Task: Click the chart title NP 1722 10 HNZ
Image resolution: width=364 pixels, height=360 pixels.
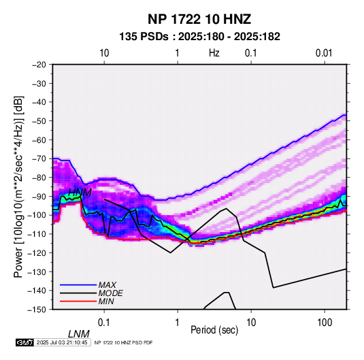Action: (x=199, y=19)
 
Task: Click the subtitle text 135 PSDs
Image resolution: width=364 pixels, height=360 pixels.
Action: (x=144, y=37)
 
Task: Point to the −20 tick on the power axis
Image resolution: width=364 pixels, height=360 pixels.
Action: (x=39, y=65)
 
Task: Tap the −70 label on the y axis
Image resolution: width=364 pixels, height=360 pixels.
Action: (x=39, y=159)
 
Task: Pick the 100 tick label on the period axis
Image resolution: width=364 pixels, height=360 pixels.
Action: (x=325, y=323)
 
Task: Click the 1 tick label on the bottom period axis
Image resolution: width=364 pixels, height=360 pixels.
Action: (x=178, y=323)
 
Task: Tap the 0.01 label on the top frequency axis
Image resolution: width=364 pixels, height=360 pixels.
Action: (x=324, y=53)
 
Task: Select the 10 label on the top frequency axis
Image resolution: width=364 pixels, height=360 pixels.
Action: (x=104, y=53)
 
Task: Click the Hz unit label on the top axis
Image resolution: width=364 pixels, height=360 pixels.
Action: (x=214, y=53)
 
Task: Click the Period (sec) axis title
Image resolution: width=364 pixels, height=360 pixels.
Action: (x=214, y=330)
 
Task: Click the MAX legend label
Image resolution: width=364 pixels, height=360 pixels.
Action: (x=107, y=285)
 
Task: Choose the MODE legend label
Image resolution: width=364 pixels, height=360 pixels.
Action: (x=110, y=293)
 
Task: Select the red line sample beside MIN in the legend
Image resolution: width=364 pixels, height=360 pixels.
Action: (x=78, y=301)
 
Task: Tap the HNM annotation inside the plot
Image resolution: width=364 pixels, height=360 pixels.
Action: (x=80, y=193)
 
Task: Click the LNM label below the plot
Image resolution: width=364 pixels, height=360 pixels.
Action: (x=79, y=334)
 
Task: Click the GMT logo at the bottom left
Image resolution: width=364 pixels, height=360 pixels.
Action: (x=24, y=342)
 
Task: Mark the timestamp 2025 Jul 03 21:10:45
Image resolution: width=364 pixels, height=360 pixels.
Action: (x=62, y=342)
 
